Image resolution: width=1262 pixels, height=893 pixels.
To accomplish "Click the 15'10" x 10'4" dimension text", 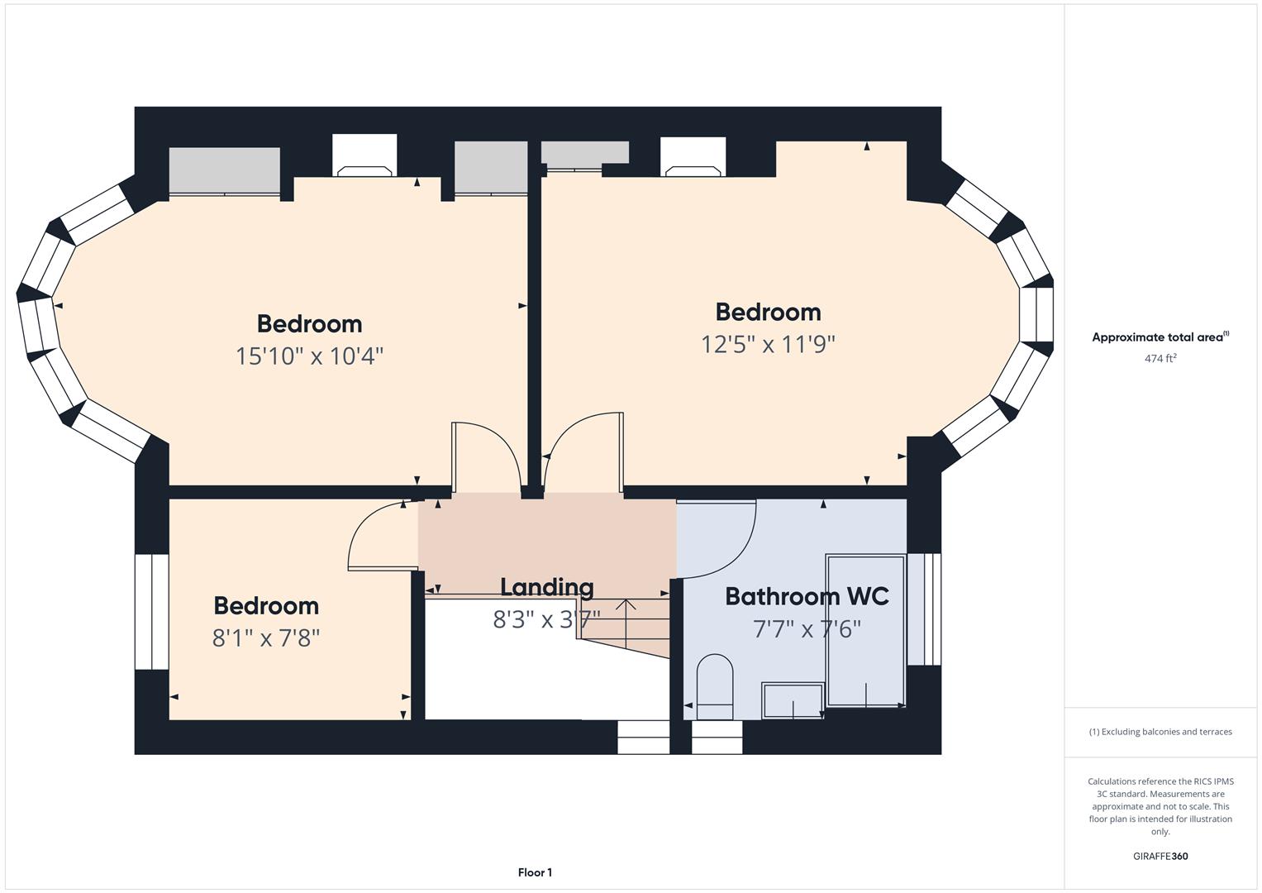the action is tap(309, 356).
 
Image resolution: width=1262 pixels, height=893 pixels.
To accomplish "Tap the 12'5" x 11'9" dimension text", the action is tap(768, 344).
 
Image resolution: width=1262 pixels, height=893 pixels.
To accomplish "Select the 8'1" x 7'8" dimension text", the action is tap(266, 638).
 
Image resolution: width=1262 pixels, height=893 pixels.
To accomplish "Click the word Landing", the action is tap(546, 587).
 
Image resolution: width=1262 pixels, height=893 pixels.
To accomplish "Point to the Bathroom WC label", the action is tap(807, 596).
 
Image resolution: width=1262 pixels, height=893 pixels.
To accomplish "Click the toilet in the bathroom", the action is tap(715, 686).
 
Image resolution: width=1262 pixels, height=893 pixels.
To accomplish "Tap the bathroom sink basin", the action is tap(793, 701).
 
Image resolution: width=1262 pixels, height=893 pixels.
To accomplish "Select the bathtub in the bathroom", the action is tap(865, 630).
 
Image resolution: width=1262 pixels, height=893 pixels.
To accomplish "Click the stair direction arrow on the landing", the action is tap(626, 623).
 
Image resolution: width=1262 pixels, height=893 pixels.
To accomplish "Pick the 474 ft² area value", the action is tap(1160, 358).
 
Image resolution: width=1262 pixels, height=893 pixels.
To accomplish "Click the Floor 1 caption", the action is tap(535, 872).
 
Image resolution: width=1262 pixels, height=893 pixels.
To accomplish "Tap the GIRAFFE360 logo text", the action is tap(1160, 856).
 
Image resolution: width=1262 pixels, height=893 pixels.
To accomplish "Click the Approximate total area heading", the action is tap(1160, 337).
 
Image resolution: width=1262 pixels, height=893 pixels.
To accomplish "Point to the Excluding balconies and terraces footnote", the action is tap(1160, 732).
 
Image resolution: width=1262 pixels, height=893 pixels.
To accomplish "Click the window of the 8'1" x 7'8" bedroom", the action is tap(151, 612).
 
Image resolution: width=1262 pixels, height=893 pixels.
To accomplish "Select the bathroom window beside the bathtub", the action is tap(924, 609).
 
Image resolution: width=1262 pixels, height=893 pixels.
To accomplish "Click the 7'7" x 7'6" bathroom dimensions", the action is tap(807, 629).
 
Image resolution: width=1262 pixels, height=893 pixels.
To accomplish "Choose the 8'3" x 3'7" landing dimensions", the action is tap(546, 619).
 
